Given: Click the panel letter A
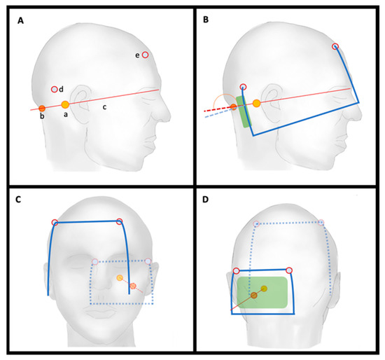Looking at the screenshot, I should pyautogui.click(x=21, y=22).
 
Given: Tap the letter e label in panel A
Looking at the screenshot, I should pyautogui.click(x=136, y=55).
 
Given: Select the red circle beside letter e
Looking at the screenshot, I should pyautogui.click(x=145, y=55).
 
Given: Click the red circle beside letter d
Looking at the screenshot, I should pyautogui.click(x=54, y=89).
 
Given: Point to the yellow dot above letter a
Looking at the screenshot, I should pyautogui.click(x=65, y=104).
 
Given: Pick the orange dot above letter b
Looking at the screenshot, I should pyautogui.click(x=42, y=108).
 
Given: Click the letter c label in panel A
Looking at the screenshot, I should pyautogui.click(x=105, y=107).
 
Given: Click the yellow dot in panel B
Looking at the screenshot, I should pyautogui.click(x=257, y=104).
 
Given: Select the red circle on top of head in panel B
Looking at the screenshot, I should pyautogui.click(x=335, y=47).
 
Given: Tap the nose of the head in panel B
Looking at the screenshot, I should pyautogui.click(x=364, y=105).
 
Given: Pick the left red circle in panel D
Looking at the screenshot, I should pyautogui.click(x=236, y=270).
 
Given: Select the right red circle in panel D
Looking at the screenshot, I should pyautogui.click(x=289, y=270).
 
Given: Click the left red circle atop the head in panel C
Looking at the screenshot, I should pyautogui.click(x=55, y=223).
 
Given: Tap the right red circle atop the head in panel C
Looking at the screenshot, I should pyautogui.click(x=119, y=222).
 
